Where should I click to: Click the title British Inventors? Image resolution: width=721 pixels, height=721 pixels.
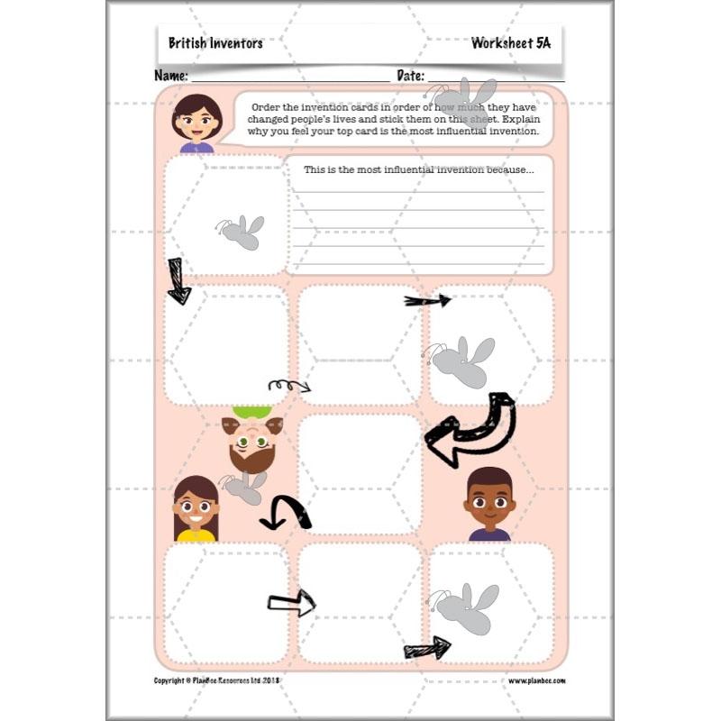click(x=215, y=42)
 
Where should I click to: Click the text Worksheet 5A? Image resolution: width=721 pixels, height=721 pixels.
click(x=510, y=42)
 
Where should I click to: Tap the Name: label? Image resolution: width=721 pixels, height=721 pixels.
click(x=171, y=76)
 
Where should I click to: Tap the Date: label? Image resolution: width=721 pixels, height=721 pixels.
click(x=410, y=76)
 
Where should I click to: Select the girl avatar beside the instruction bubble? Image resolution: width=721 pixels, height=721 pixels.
click(x=196, y=123)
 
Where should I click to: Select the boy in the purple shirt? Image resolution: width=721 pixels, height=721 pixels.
click(x=489, y=505)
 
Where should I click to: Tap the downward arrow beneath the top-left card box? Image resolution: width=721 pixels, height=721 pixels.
click(x=178, y=280)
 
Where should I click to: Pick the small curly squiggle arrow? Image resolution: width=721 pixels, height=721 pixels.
click(x=288, y=386)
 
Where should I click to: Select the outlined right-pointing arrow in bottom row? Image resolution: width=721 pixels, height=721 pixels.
click(x=291, y=603)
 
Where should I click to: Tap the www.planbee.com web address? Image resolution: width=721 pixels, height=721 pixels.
click(x=537, y=680)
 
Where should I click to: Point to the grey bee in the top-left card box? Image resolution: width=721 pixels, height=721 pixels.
click(x=242, y=232)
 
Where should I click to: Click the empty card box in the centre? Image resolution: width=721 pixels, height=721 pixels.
click(x=360, y=472)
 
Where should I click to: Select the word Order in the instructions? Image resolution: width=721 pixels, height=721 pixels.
click(x=268, y=105)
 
